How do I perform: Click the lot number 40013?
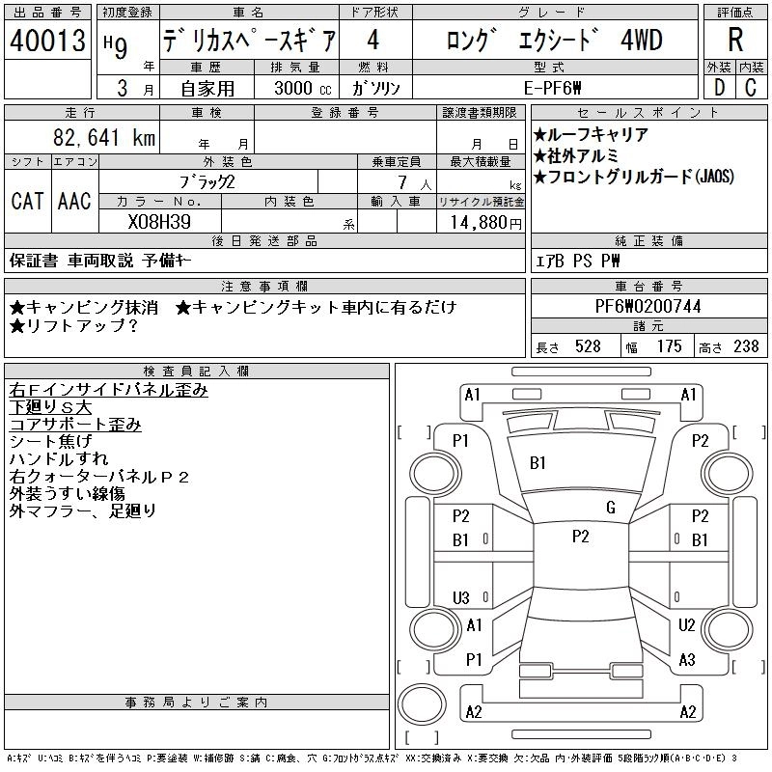click(x=47, y=41)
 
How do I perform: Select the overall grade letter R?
click(x=735, y=40)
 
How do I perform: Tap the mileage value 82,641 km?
click(x=104, y=137)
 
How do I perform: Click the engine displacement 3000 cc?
click(x=303, y=88)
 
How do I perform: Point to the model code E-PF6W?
click(x=552, y=88)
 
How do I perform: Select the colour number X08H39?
click(x=159, y=222)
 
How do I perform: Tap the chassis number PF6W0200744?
click(x=648, y=306)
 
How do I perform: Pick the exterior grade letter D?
click(x=720, y=88)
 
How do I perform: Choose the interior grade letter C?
click(x=751, y=88)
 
